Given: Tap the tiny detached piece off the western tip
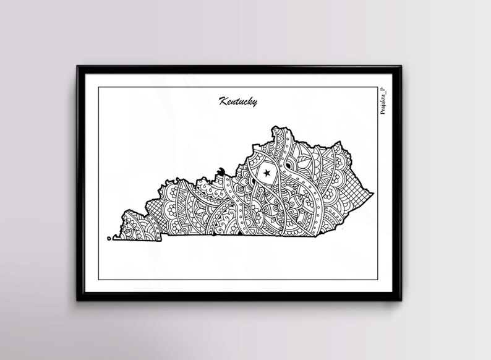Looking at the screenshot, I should (x=109, y=237).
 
